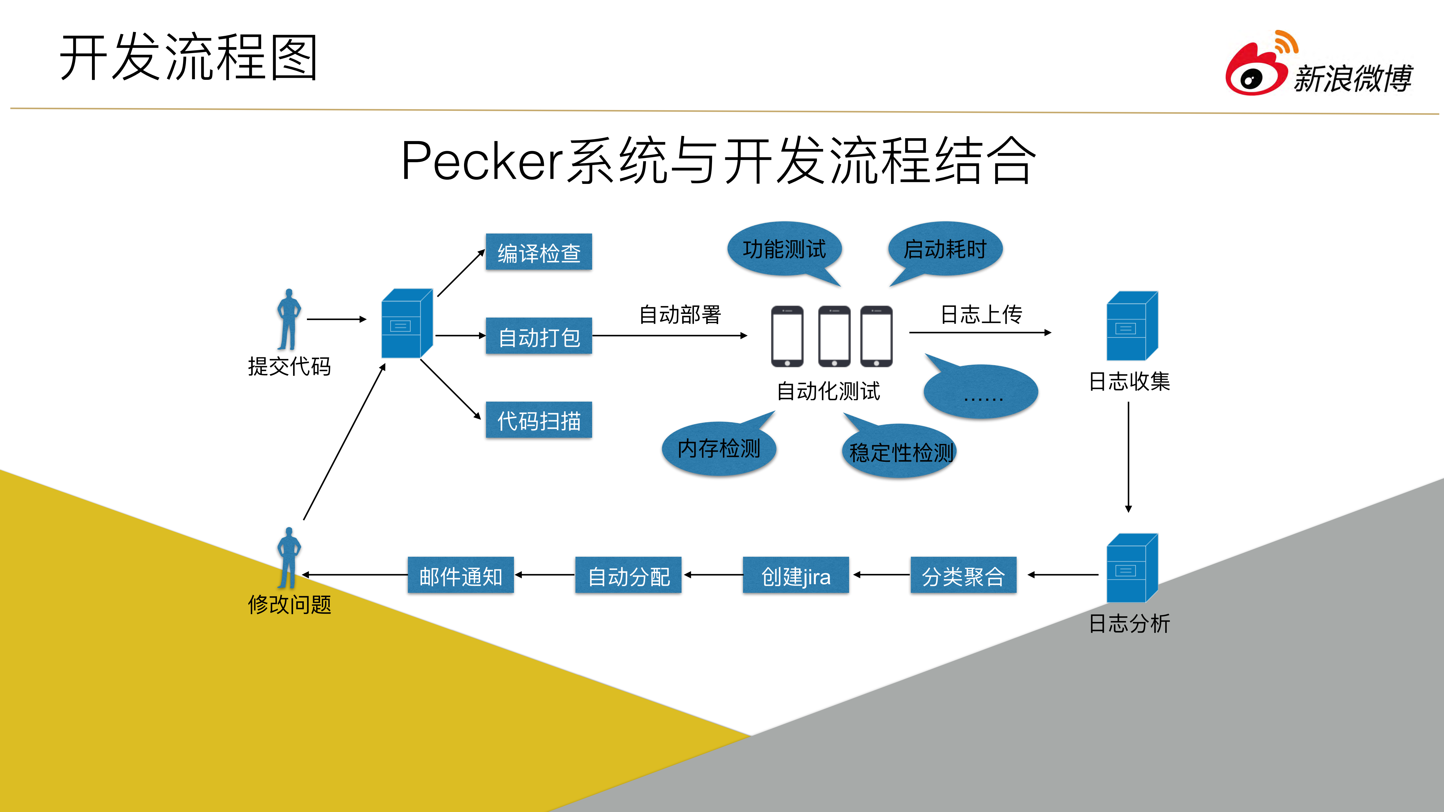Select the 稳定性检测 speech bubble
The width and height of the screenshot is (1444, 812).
coord(900,452)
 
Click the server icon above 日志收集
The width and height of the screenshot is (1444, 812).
coord(1131,326)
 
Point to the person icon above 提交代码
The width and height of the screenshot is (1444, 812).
coord(289,320)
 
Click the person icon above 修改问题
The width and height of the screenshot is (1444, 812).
coord(289,558)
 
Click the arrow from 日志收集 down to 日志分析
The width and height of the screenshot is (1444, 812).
coord(1128,457)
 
